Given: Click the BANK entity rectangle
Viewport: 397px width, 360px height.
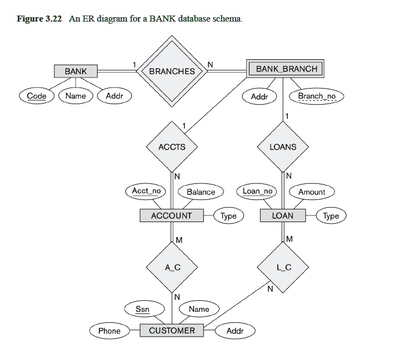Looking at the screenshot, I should tap(75, 71).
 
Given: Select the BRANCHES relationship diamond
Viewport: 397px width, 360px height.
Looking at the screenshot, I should tap(172, 71).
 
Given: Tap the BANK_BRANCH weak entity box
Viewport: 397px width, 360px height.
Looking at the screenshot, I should tap(287, 69).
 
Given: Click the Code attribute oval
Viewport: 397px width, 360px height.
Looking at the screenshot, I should tap(37, 96).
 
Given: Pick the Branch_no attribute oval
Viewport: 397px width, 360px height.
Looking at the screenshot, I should tap(317, 96).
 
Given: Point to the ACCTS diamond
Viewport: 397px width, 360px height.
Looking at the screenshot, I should tap(172, 147).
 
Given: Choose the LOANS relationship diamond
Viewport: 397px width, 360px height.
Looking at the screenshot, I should tap(283, 147).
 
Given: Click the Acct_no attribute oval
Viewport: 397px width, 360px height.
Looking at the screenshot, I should tap(146, 191).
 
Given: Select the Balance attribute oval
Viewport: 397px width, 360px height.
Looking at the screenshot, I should tap(201, 192).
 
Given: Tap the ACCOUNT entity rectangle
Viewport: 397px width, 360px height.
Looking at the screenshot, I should tap(172, 215).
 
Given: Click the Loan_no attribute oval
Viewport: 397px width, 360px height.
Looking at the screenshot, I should tap(258, 191).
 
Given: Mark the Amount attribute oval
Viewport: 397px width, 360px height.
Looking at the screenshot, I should tap(312, 192).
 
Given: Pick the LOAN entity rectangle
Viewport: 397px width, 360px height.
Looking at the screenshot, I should tap(283, 215).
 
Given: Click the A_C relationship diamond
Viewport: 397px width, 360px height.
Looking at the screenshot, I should tap(172, 267).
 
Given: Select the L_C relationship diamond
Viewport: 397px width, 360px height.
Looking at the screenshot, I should tap(283, 267).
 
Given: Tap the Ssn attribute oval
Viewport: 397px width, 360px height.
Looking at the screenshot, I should tap(142, 308).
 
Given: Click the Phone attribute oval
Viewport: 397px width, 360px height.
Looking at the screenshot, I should tap(109, 331).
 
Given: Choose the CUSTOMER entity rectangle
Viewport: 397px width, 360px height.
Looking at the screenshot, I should tap(172, 331).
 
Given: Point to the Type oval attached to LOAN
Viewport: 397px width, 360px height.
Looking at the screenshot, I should tap(331, 215).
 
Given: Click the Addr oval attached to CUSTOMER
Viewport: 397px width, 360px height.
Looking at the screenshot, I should tap(235, 331).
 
